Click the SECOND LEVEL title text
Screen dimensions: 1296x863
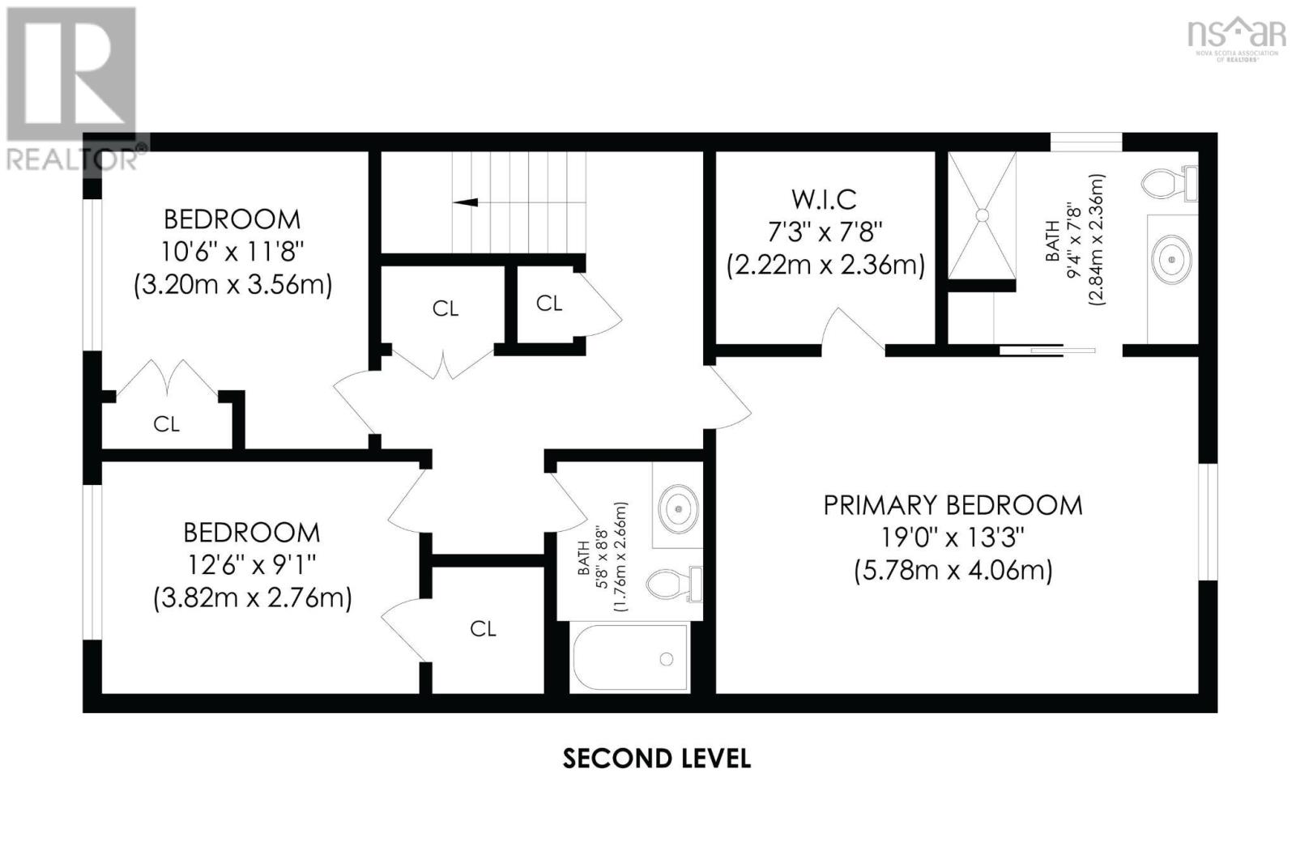(657, 759)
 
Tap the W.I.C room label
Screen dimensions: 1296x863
(824, 200)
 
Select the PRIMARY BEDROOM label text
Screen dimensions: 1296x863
(953, 505)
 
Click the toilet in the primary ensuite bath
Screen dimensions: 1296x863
(1169, 183)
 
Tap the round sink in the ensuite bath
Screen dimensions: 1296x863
(1171, 259)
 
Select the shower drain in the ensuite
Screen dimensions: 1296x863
(982, 215)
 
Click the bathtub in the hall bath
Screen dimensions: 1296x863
(630, 657)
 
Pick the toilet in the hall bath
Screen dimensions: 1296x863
(674, 585)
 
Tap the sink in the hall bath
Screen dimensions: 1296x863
(679, 509)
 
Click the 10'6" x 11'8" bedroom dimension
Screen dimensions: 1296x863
(232, 253)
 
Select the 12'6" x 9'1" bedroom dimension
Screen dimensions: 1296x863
(251, 565)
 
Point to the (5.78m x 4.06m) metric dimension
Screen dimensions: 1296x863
(953, 571)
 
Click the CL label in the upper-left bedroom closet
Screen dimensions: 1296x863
(167, 424)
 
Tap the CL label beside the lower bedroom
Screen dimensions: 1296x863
(483, 629)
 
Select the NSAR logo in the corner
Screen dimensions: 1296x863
(1235, 41)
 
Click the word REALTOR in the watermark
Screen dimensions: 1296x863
(72, 159)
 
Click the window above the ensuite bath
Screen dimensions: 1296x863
(1086, 142)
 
